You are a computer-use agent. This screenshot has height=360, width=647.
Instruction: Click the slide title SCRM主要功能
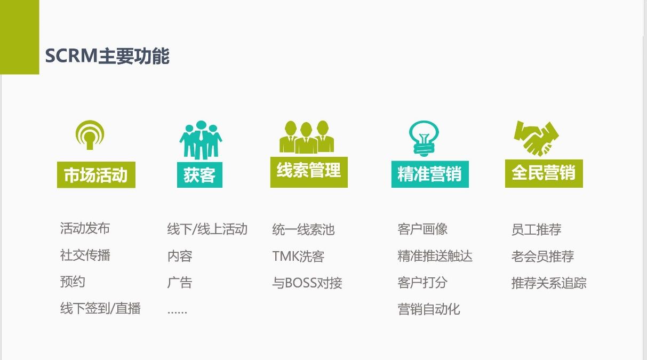point(107,56)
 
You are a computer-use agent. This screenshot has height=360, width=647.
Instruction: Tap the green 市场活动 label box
point(96,175)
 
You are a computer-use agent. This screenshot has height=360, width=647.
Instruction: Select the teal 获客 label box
point(199,175)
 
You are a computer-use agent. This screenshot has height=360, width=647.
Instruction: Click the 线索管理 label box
point(309,172)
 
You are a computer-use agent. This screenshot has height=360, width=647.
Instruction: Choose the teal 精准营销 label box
point(430,174)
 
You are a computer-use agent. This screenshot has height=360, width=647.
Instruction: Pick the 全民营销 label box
point(544,173)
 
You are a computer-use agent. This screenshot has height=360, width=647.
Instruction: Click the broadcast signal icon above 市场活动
point(90,135)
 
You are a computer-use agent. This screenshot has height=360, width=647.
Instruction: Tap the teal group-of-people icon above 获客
point(201,140)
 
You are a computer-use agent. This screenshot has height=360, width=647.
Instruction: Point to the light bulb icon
point(424,138)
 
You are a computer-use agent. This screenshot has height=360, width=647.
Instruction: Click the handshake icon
point(536,138)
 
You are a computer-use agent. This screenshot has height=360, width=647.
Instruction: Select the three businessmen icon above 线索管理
point(307,137)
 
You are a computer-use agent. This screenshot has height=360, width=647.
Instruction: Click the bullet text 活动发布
point(85,228)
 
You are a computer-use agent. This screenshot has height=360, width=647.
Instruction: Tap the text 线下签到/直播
point(100,308)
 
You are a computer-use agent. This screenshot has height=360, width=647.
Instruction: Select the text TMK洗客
point(298,257)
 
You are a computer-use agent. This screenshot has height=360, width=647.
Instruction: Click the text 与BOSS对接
point(307,283)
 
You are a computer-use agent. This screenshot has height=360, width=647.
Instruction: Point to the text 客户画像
point(422,229)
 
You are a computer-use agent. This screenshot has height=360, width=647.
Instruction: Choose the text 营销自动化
point(429,309)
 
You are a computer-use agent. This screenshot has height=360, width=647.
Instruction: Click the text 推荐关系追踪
point(549,283)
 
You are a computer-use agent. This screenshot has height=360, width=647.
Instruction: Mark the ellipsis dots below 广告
point(177,312)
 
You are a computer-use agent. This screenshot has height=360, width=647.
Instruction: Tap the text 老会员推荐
point(542,257)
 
